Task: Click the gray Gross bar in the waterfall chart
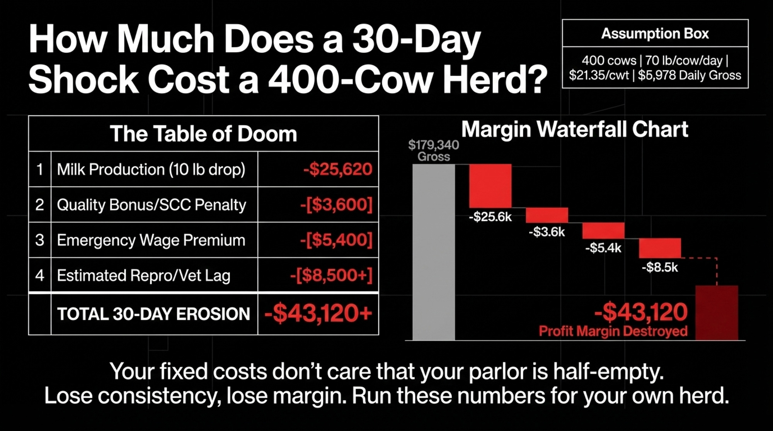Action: point(434,252)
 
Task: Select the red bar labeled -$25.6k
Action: point(490,186)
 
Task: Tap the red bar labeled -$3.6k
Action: point(547,215)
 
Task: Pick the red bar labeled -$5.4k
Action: point(603,231)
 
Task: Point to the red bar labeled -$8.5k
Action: point(660,248)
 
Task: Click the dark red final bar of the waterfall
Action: point(717,313)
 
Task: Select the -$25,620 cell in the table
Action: point(338,169)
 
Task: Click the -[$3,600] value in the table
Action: point(336,205)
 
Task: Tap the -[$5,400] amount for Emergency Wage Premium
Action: point(336,240)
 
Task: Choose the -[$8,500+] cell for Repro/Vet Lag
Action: point(331,275)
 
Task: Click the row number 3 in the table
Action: point(40,240)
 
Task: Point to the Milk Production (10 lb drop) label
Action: point(151,170)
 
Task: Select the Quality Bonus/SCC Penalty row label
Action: point(152,205)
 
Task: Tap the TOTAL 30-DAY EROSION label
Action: point(154,314)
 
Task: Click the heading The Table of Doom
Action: point(203,134)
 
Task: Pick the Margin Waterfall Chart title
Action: point(575,129)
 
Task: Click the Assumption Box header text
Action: point(655,34)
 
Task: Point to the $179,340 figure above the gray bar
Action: point(434,145)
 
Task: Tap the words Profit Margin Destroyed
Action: point(613,331)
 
